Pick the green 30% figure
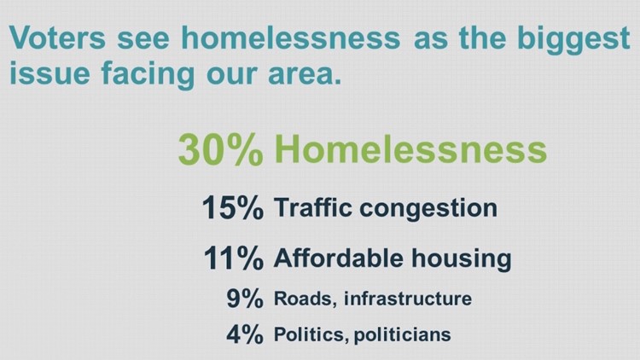[221, 149]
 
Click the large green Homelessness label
[412, 149]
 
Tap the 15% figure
[232, 208]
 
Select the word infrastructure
[408, 299]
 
